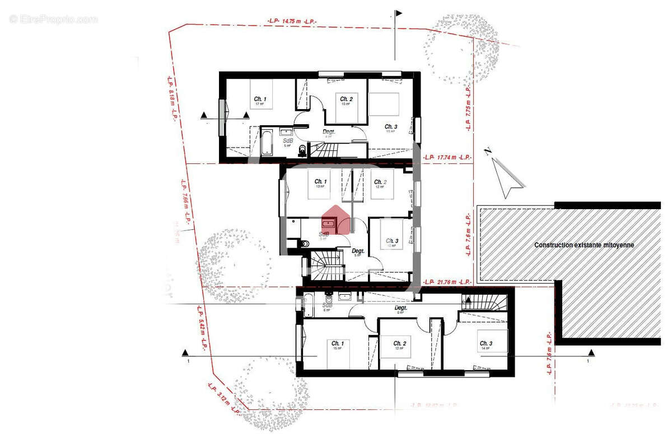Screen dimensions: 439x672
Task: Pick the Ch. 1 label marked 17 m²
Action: [260, 101]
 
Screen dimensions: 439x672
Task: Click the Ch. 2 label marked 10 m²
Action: [346, 101]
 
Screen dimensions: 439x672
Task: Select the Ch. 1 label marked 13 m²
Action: [320, 183]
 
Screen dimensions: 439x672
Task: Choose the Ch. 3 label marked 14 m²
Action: [485, 344]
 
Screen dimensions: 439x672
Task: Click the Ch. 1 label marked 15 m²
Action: [337, 344]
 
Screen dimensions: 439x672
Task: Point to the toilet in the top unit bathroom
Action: [302, 149]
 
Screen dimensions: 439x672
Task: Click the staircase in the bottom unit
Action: [484, 303]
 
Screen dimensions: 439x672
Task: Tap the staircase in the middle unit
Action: [326, 265]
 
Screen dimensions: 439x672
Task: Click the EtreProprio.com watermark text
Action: [54, 20]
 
